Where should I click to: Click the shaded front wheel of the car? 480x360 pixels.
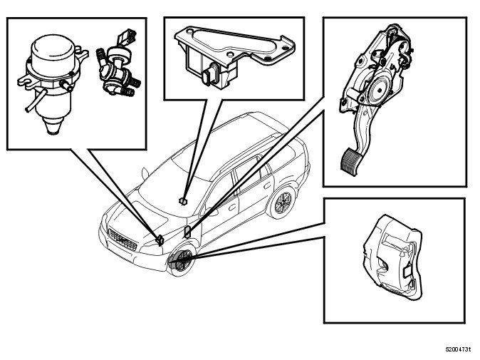click(181, 260)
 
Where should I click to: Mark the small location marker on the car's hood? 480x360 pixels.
click(184, 200)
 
